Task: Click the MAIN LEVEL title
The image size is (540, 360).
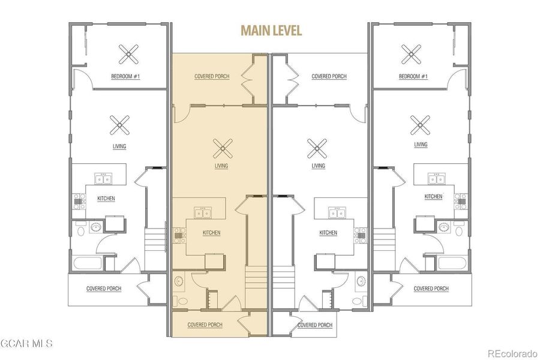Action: click(x=271, y=30)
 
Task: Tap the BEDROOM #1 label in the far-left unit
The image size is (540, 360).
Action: click(x=125, y=77)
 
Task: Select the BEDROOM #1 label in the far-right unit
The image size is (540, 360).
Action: click(x=413, y=77)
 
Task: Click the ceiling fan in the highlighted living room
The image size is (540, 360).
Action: click(x=223, y=146)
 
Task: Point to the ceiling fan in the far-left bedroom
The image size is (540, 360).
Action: click(x=128, y=55)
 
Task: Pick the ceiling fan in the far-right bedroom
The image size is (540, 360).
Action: click(x=412, y=55)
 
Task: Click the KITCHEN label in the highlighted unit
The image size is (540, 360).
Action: click(x=211, y=233)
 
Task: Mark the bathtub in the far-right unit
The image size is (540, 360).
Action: click(x=452, y=263)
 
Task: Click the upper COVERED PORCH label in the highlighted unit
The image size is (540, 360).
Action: click(x=212, y=77)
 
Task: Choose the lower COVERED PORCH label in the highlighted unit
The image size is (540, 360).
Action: click(x=205, y=325)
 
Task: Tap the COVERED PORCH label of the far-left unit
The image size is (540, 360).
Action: click(x=104, y=289)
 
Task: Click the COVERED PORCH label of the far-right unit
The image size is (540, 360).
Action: click(x=431, y=289)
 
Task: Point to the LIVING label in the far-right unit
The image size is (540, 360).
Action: click(x=421, y=145)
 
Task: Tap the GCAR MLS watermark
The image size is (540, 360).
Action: click(x=27, y=344)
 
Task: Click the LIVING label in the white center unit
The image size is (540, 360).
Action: click(x=318, y=166)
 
